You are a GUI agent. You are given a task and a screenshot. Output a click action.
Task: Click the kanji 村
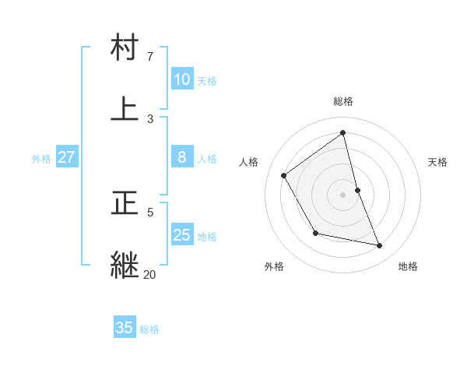pos(125,48)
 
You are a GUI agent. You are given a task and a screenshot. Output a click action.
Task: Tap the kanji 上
pos(125,109)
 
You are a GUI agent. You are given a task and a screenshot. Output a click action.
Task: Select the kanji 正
pos(125,203)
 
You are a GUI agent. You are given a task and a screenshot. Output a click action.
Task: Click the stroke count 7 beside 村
pos(149,57)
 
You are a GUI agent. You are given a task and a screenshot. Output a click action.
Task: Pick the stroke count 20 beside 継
pos(149,274)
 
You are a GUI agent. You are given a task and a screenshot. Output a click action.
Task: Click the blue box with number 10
pos(181,79)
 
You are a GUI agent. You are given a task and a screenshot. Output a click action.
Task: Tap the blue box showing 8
pos(181,157)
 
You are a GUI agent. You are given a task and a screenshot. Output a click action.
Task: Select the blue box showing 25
pos(181,235)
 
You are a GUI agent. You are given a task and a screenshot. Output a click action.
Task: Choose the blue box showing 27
pos(66,157)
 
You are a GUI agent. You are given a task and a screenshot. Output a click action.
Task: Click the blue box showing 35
pos(124,328)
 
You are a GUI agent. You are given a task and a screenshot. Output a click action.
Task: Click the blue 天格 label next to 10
pos(207,80)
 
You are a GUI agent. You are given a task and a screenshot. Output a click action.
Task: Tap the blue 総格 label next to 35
pos(149,329)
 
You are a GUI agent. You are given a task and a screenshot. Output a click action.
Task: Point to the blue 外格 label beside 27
pos(41,159)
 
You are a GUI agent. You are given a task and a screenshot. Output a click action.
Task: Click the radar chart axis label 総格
pos(343,101)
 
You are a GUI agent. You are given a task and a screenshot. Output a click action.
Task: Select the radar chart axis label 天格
pos(438,162)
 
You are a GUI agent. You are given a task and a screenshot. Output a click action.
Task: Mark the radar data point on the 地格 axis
pos(380,245)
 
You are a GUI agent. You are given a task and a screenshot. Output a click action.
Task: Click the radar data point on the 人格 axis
pos(284,175)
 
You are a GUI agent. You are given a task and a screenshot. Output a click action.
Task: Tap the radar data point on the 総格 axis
pos(343,132)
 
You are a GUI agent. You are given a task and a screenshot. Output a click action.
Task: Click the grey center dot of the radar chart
pos(343,194)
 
